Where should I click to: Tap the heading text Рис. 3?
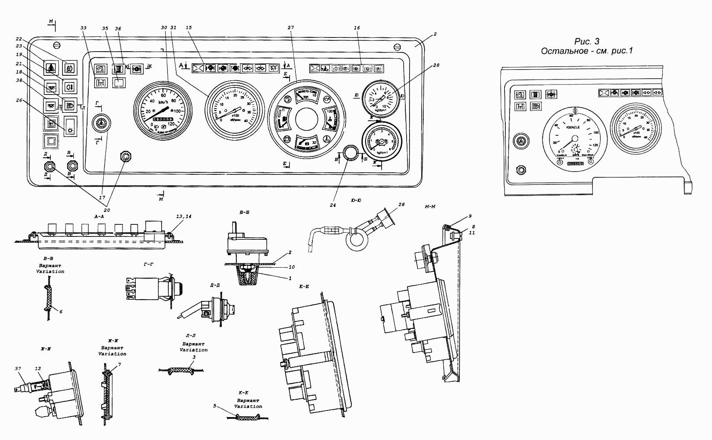click(587, 41)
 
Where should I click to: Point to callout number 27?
click(290, 27)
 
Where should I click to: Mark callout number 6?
click(61, 311)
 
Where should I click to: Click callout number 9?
click(470, 216)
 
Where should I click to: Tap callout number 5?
click(215, 406)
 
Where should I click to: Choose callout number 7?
click(119, 364)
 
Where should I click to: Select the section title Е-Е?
click(303, 287)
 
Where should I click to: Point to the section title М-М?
click(430, 207)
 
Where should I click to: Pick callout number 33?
click(83, 27)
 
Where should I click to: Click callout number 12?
click(38, 368)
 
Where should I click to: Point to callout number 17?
click(102, 197)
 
